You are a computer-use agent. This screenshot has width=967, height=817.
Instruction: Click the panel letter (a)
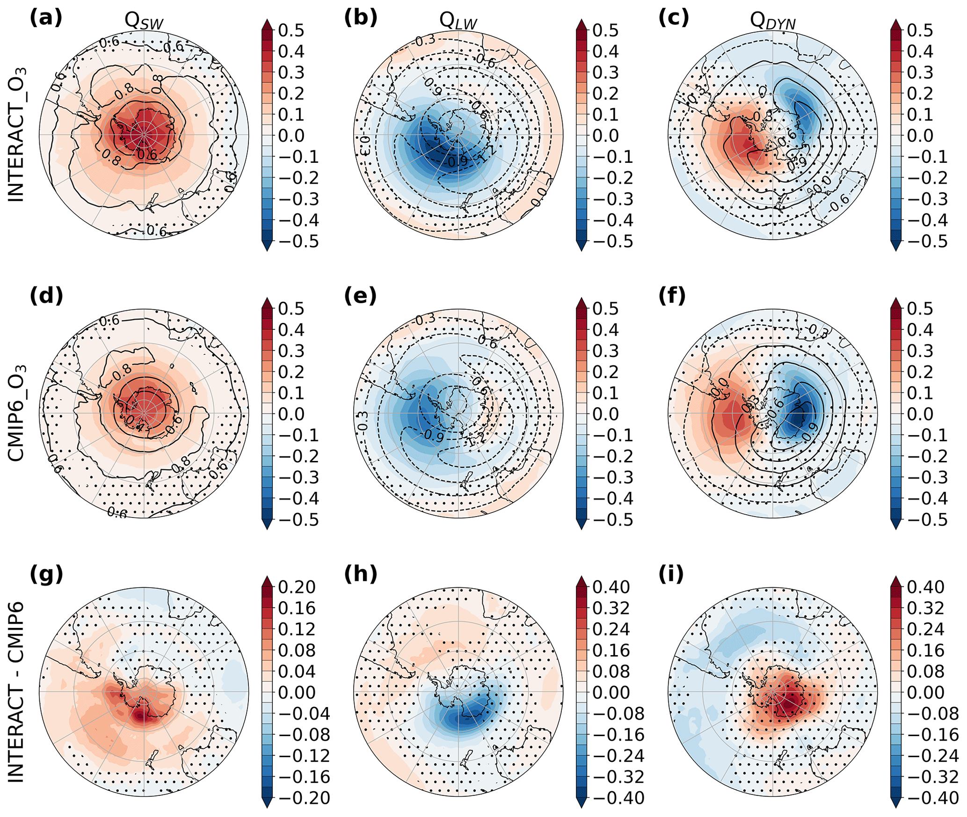tap(45, 18)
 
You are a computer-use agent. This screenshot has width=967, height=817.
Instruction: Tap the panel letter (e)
tap(360, 296)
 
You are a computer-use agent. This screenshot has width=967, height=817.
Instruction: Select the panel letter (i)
tap(671, 574)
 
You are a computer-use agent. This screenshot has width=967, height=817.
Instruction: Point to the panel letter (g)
tap(46, 574)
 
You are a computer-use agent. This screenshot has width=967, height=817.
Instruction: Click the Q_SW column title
tap(144, 21)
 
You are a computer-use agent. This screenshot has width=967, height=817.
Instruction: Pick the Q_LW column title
tap(458, 21)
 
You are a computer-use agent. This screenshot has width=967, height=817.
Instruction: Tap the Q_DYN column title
tap(773, 21)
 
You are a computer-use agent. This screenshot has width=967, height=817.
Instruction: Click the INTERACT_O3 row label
tap(17, 135)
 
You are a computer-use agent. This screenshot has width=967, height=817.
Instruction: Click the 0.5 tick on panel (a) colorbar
tap(291, 30)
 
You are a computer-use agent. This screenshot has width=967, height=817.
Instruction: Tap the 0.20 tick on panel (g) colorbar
tap(297, 587)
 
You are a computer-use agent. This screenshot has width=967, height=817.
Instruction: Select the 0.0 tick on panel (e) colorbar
tap(605, 414)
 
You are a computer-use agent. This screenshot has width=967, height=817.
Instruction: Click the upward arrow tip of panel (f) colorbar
tap(896, 299)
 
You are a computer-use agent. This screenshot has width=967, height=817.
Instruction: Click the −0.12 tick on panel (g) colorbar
tap(297, 756)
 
